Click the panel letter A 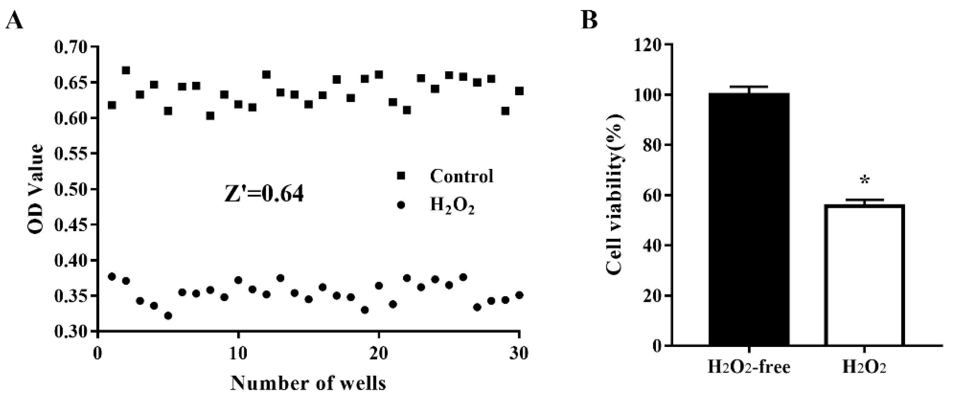14,20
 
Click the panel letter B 589,20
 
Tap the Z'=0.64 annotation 264,195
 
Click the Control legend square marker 401,176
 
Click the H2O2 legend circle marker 401,205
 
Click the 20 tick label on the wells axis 379,353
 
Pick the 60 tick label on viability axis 652,195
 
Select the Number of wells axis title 308,383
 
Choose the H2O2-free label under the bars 749,367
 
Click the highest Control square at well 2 126,70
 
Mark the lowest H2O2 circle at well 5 168,316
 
